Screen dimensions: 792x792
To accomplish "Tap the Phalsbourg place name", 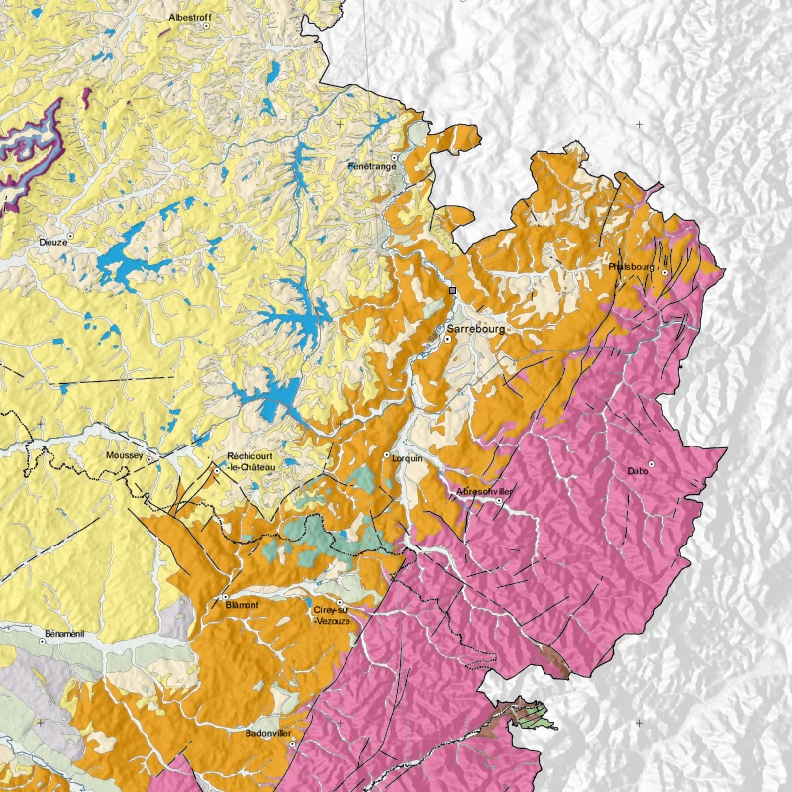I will point(632,267).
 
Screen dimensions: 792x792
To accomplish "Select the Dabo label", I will point(639,471).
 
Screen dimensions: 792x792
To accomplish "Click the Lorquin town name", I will point(407,459).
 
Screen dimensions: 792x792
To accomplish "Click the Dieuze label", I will point(52,241).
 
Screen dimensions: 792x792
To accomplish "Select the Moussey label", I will point(124,455).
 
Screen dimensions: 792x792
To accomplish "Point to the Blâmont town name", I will point(242,604).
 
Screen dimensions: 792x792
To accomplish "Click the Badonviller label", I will point(268,733).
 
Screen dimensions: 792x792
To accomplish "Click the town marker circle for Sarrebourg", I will point(446,339).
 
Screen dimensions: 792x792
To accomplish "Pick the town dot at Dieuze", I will point(70,235).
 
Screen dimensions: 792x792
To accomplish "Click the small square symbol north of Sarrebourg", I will point(452,291).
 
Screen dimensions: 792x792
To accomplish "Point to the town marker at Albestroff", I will point(206,27).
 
